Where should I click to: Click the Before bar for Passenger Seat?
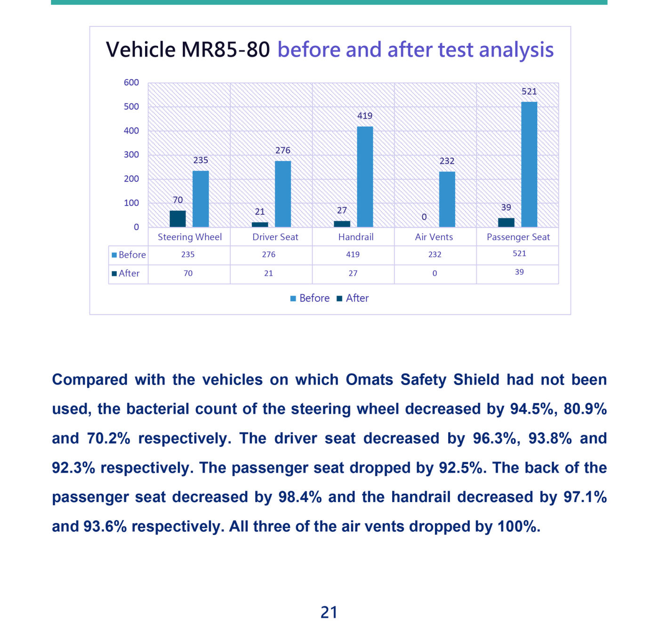tap(529, 165)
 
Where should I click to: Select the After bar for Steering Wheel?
tap(177, 219)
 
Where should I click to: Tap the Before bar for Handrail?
tap(365, 177)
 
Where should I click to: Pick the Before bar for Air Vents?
tap(447, 199)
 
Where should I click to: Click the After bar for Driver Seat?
tap(260, 224)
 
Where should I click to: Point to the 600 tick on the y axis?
tap(131, 83)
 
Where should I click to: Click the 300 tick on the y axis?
tap(131, 155)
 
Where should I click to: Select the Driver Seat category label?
tap(275, 237)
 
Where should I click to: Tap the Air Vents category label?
tap(434, 237)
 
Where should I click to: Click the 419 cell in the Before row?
tap(353, 254)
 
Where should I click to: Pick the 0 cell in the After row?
tap(434, 273)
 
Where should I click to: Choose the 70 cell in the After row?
tap(188, 273)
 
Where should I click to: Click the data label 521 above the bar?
tap(529, 92)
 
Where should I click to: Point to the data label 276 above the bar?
tap(283, 150)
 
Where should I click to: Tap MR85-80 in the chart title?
tap(225, 50)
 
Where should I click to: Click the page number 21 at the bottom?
tap(329, 612)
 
